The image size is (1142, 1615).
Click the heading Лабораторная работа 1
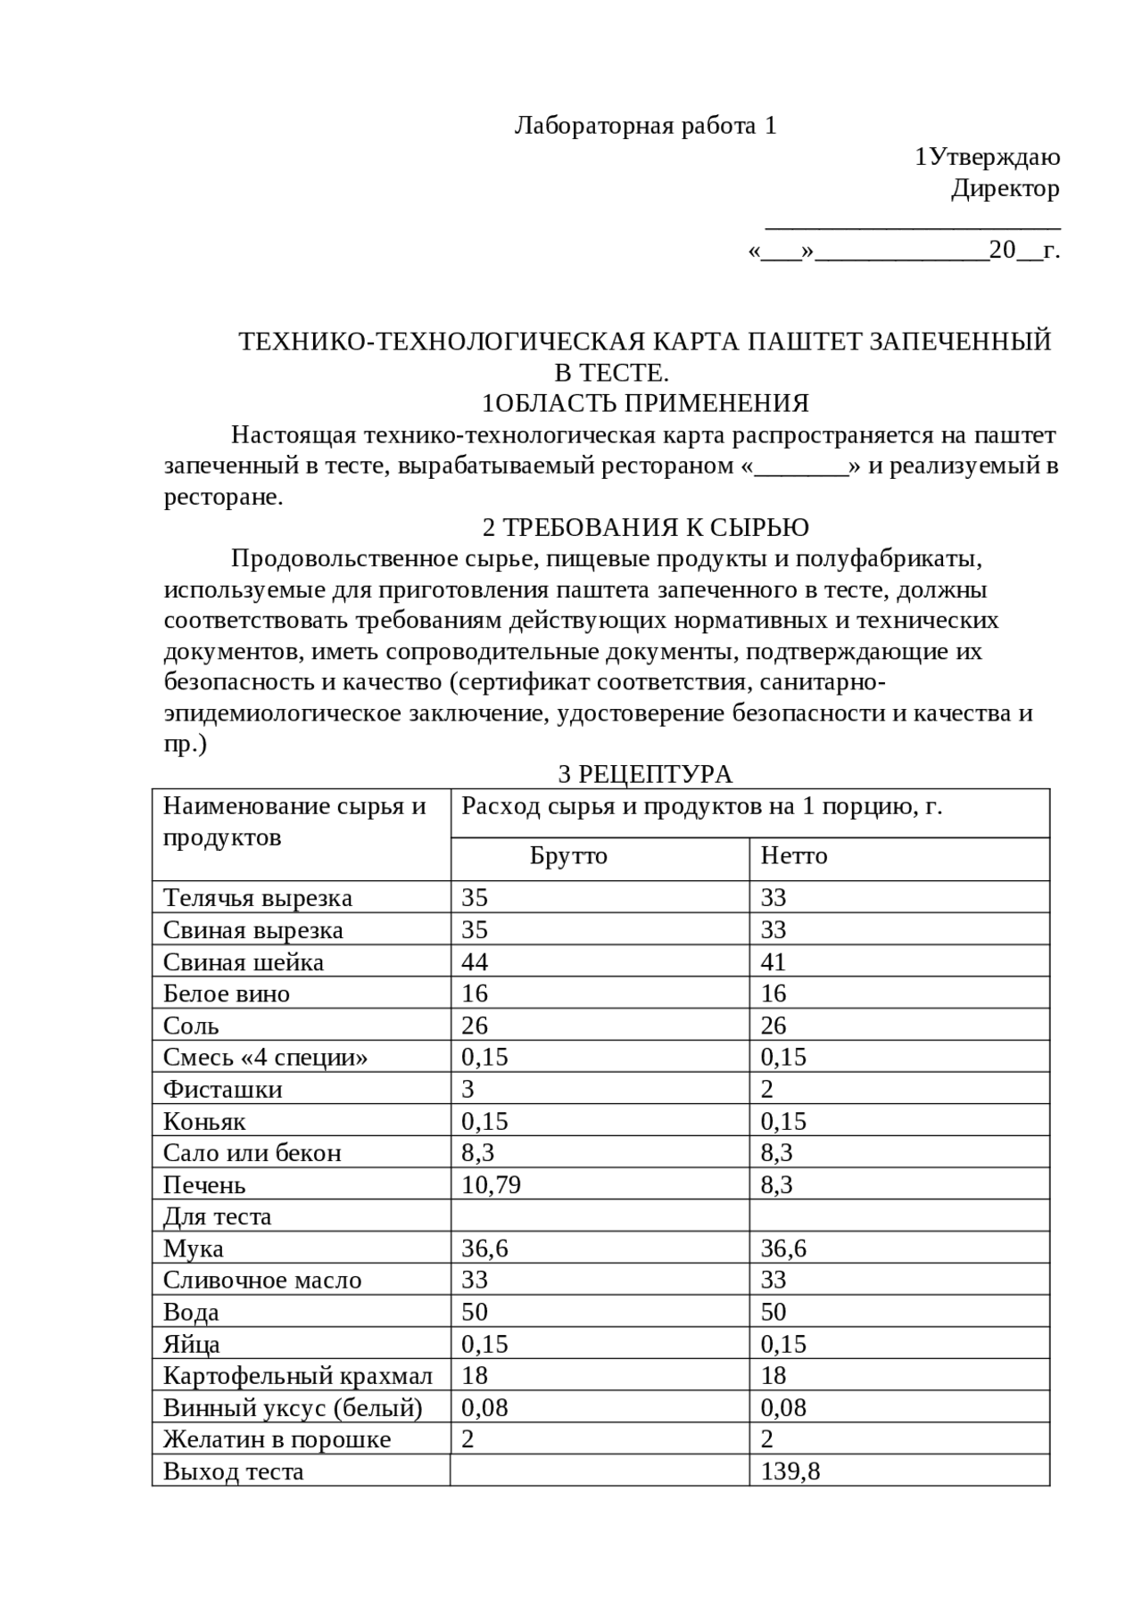coord(645,127)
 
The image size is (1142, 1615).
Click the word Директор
coord(1005,188)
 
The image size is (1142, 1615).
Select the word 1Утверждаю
coord(987,158)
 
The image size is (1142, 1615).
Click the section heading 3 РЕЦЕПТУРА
coord(644,774)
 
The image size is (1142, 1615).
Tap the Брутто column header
coord(568,856)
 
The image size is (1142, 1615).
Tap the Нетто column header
coord(793,856)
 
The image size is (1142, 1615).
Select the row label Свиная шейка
coord(243,962)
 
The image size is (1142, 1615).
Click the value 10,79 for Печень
coord(491,1185)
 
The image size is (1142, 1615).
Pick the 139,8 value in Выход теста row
coord(790,1471)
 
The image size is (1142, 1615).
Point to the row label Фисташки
coord(222,1090)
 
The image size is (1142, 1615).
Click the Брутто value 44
coord(475,962)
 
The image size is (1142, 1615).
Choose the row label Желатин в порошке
coord(277,1439)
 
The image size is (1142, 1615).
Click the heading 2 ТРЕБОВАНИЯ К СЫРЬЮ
coord(645,528)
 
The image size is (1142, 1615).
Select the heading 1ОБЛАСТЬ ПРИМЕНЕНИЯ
coord(645,404)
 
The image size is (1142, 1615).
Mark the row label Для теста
coord(217,1217)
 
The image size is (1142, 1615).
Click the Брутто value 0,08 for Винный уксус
coord(484,1408)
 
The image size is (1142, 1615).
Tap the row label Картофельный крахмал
coord(297,1376)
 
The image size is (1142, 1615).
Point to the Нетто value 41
coord(773,962)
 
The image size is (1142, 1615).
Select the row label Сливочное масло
coord(262,1281)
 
